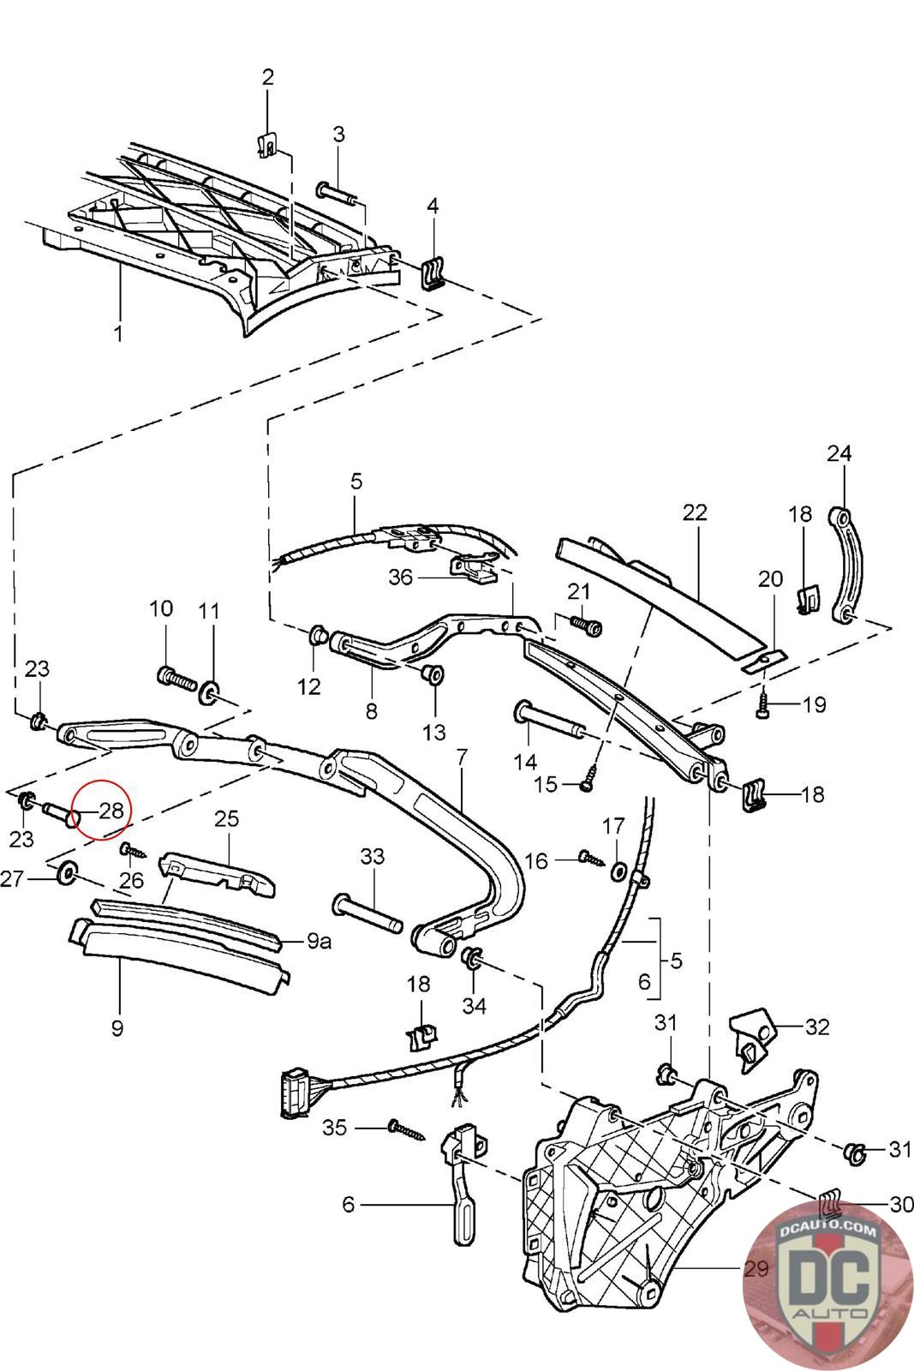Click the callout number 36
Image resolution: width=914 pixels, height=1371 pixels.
pyautogui.click(x=401, y=577)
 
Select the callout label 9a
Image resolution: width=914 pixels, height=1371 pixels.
pyautogui.click(x=319, y=941)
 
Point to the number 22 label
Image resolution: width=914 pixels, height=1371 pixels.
pyautogui.click(x=695, y=512)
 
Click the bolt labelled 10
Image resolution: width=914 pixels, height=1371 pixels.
pyautogui.click(x=177, y=678)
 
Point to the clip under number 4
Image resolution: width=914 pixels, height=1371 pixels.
pyautogui.click(x=433, y=270)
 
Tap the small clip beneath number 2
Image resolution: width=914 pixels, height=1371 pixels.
pyautogui.click(x=266, y=146)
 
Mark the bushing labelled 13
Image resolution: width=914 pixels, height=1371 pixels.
pyautogui.click(x=433, y=674)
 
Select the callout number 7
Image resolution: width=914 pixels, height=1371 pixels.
pyautogui.click(x=461, y=757)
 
